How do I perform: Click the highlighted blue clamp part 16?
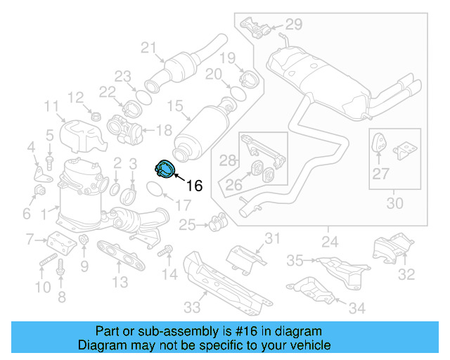(x=164, y=169)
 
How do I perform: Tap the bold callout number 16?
(x=194, y=186)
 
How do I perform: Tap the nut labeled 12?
(x=97, y=115)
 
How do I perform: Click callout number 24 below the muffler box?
(x=328, y=243)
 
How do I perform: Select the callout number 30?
(x=395, y=204)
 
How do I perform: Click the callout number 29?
(x=293, y=25)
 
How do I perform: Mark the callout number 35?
(x=295, y=261)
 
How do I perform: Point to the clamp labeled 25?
(x=217, y=223)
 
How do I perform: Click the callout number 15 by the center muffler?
(x=174, y=106)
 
